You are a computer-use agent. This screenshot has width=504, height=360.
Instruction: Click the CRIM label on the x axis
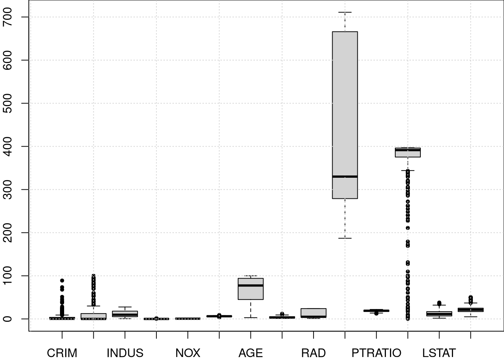click(62, 353)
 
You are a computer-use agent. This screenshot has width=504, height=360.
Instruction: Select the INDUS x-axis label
click(125, 353)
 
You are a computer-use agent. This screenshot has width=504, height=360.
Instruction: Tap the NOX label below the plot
click(188, 353)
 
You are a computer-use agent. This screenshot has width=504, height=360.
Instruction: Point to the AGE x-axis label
click(250, 353)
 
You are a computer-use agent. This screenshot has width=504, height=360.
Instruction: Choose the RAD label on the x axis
click(313, 353)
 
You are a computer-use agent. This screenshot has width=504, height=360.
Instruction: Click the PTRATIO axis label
click(376, 353)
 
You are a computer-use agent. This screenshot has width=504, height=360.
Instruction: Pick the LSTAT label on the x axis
click(439, 353)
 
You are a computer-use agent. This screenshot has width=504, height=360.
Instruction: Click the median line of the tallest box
click(345, 176)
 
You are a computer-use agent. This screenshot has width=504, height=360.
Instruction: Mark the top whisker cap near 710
click(345, 12)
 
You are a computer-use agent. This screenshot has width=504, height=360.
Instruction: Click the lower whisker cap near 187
click(345, 238)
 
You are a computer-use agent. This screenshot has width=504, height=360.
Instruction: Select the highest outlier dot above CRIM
click(62, 280)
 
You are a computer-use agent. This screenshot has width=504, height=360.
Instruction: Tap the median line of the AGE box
click(251, 285)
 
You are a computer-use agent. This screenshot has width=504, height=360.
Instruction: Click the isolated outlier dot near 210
click(408, 228)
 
